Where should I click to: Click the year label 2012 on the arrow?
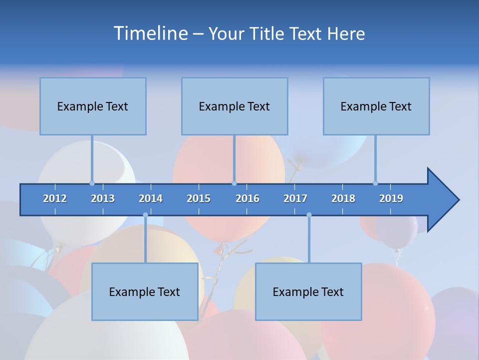[x=55, y=198]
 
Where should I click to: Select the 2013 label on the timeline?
[x=103, y=198]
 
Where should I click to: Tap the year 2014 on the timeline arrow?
[x=151, y=198]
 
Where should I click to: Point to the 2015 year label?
[x=199, y=198]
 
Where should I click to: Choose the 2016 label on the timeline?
[x=247, y=198]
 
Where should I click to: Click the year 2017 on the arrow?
[x=295, y=198]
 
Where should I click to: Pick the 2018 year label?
[x=343, y=198]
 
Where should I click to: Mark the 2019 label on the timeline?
[x=391, y=198]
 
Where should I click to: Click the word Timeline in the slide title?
[x=151, y=33]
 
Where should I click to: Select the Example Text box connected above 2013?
[x=93, y=106]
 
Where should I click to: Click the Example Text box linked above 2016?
[x=235, y=106]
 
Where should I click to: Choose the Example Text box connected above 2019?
[x=376, y=106]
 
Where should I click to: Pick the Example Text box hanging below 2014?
[x=145, y=291]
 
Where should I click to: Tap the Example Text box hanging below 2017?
[x=308, y=291]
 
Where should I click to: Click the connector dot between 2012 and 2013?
[x=92, y=183]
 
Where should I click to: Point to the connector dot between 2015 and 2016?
[x=235, y=183]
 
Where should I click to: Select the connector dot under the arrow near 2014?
[x=145, y=215]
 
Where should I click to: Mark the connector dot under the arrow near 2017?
[x=309, y=215]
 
